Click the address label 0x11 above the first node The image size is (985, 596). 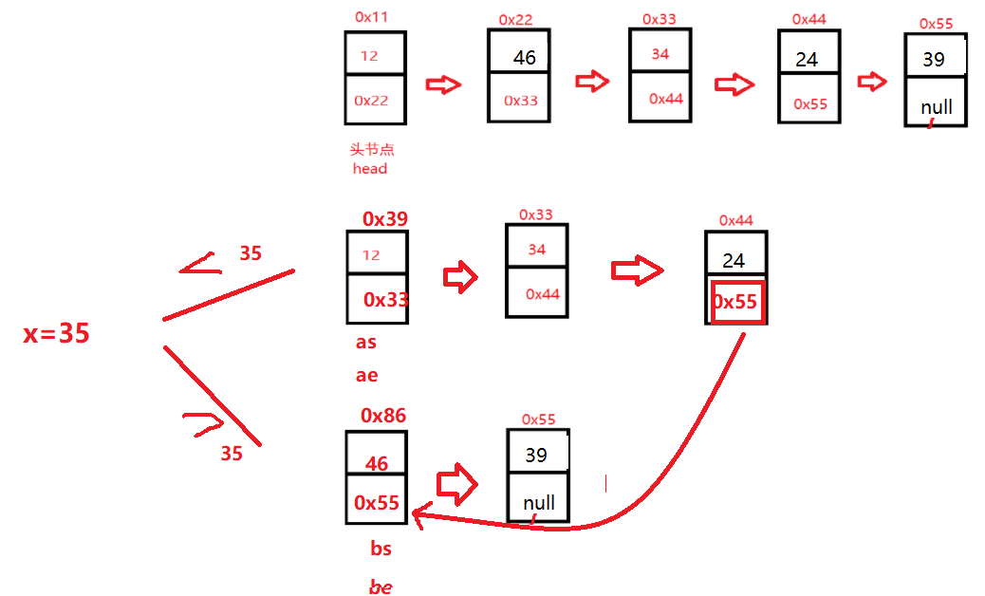(371, 16)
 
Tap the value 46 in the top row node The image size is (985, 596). (525, 58)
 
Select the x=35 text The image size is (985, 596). (57, 333)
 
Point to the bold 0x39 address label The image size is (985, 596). (385, 219)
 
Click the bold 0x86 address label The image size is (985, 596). (383, 415)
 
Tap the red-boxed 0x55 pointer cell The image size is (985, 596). (735, 303)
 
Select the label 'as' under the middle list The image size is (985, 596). (366, 343)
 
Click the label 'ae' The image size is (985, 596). (366, 375)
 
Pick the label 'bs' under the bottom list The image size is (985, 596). (381, 549)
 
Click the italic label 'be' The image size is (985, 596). (381, 587)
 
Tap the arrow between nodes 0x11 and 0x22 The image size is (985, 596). (443, 84)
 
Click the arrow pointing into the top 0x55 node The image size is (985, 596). (871, 82)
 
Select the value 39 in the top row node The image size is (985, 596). (934, 59)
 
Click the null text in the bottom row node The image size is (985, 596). (539, 503)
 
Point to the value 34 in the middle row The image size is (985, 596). (537, 250)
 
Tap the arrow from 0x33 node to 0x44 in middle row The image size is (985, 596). (637, 270)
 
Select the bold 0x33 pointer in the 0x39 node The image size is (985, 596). (386, 300)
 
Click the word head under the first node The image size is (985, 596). (370, 169)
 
